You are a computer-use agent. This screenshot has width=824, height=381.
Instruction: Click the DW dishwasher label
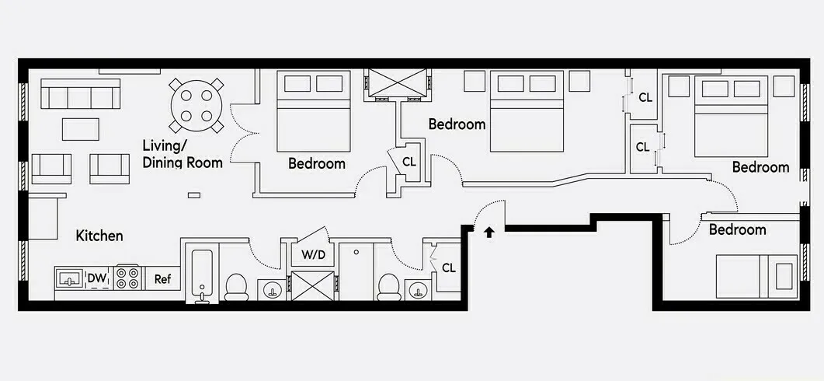tap(96, 278)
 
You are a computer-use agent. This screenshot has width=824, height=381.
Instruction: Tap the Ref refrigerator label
tap(163, 279)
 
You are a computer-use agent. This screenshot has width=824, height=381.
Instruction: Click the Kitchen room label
tap(99, 235)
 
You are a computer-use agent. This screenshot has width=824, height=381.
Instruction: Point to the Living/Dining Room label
tap(182, 154)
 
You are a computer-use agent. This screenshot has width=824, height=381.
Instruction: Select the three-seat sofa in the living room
tap(80, 95)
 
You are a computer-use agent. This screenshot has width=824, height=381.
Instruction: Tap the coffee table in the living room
tap(81, 128)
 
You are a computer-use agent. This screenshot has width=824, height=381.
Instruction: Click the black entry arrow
tap(488, 232)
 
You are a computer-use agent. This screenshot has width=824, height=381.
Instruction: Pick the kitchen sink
tap(70, 278)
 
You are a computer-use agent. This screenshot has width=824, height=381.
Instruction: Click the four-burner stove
tap(127, 278)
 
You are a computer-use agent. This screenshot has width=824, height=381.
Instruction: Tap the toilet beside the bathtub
tap(236, 287)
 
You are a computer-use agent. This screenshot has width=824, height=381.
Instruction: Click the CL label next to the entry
tap(448, 267)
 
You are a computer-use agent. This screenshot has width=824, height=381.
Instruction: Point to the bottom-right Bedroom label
tap(737, 230)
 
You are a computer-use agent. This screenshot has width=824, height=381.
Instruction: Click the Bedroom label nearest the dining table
tap(316, 163)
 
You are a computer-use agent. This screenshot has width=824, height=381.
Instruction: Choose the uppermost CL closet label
tap(645, 98)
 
